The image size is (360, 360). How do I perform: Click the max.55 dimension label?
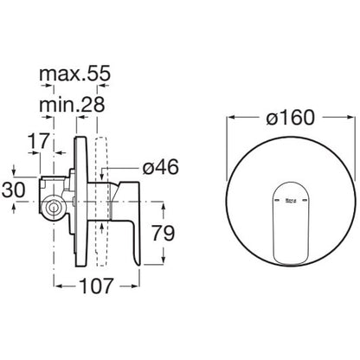click(x=74, y=74)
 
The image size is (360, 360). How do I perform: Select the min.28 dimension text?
click(x=72, y=105)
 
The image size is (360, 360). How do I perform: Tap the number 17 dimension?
click(x=39, y=141)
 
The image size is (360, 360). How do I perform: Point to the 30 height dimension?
click(x=14, y=190)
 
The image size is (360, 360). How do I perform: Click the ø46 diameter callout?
click(x=160, y=167)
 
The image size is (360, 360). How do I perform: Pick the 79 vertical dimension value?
click(x=164, y=233)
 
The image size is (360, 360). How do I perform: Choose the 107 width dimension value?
click(x=96, y=286)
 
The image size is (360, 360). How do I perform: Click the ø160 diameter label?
click(x=290, y=118)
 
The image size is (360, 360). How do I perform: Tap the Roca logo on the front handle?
click(x=290, y=201)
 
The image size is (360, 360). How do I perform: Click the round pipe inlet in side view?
click(x=53, y=208)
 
